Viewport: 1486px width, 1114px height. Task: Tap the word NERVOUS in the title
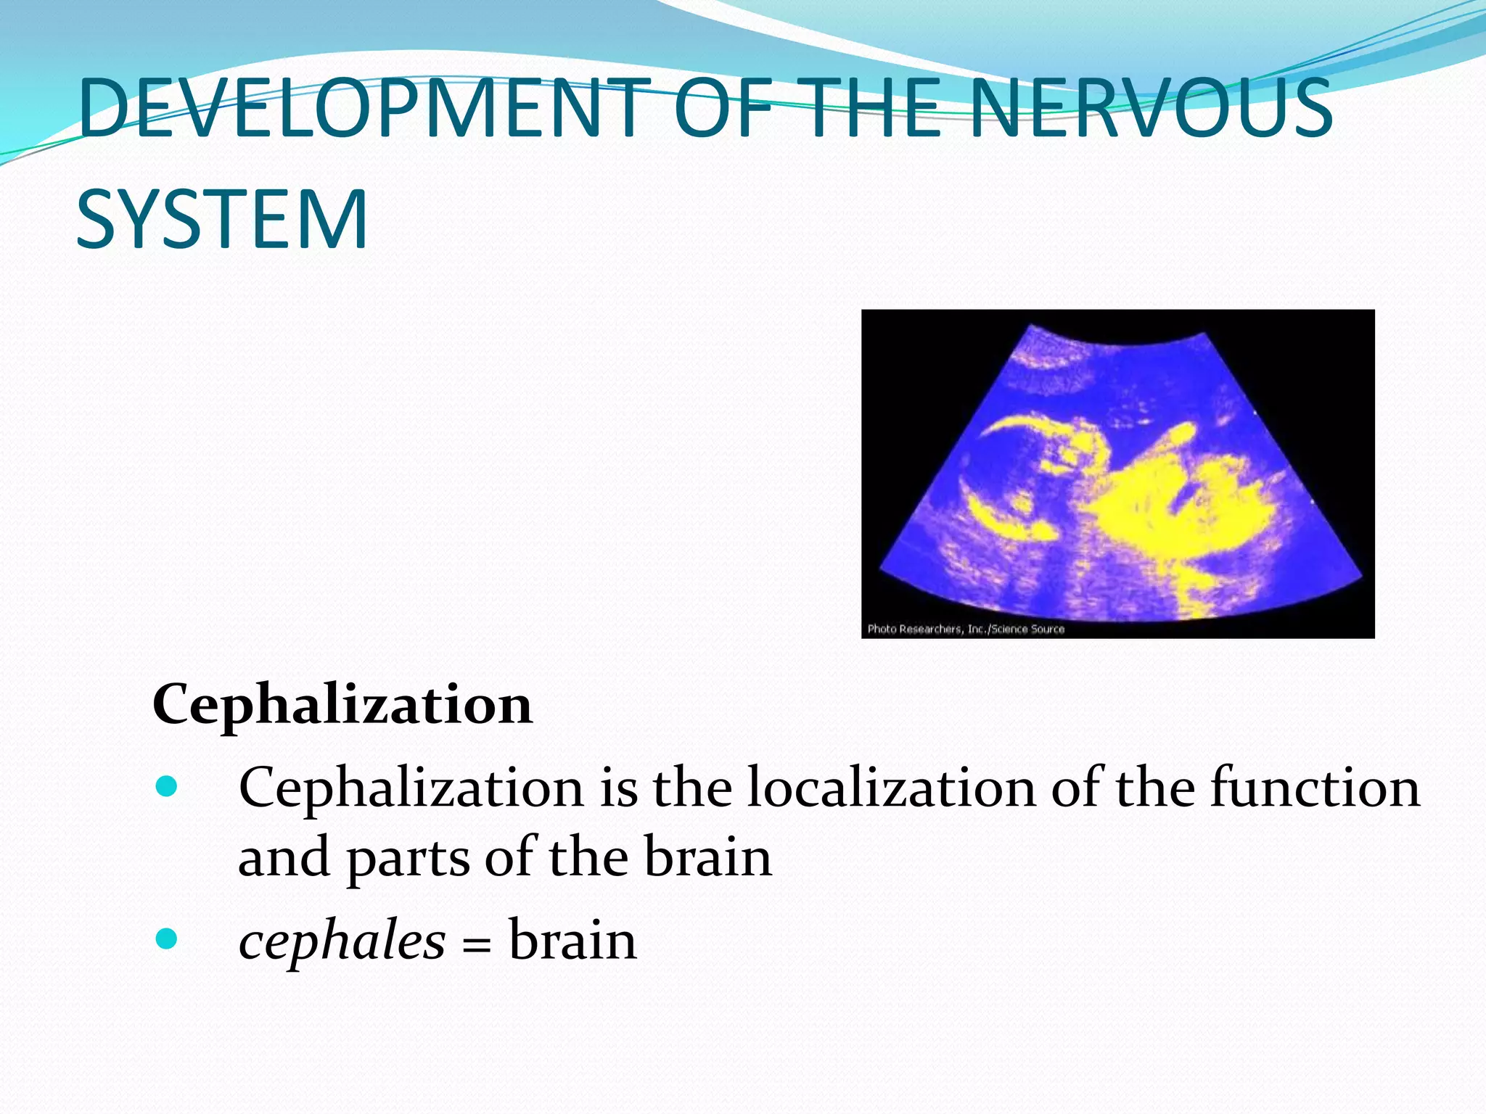coord(1150,109)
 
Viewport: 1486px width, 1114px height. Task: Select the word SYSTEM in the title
coord(222,220)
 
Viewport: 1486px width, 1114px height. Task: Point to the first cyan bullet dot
coord(167,786)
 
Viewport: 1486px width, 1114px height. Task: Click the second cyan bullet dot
coord(167,939)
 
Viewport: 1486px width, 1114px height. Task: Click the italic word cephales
coord(342,941)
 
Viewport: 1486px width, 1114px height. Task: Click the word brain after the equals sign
coord(572,941)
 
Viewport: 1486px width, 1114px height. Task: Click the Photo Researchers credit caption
coord(966,629)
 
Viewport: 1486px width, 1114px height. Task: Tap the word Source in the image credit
coord(1047,629)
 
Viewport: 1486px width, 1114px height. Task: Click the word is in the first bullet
coord(619,788)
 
